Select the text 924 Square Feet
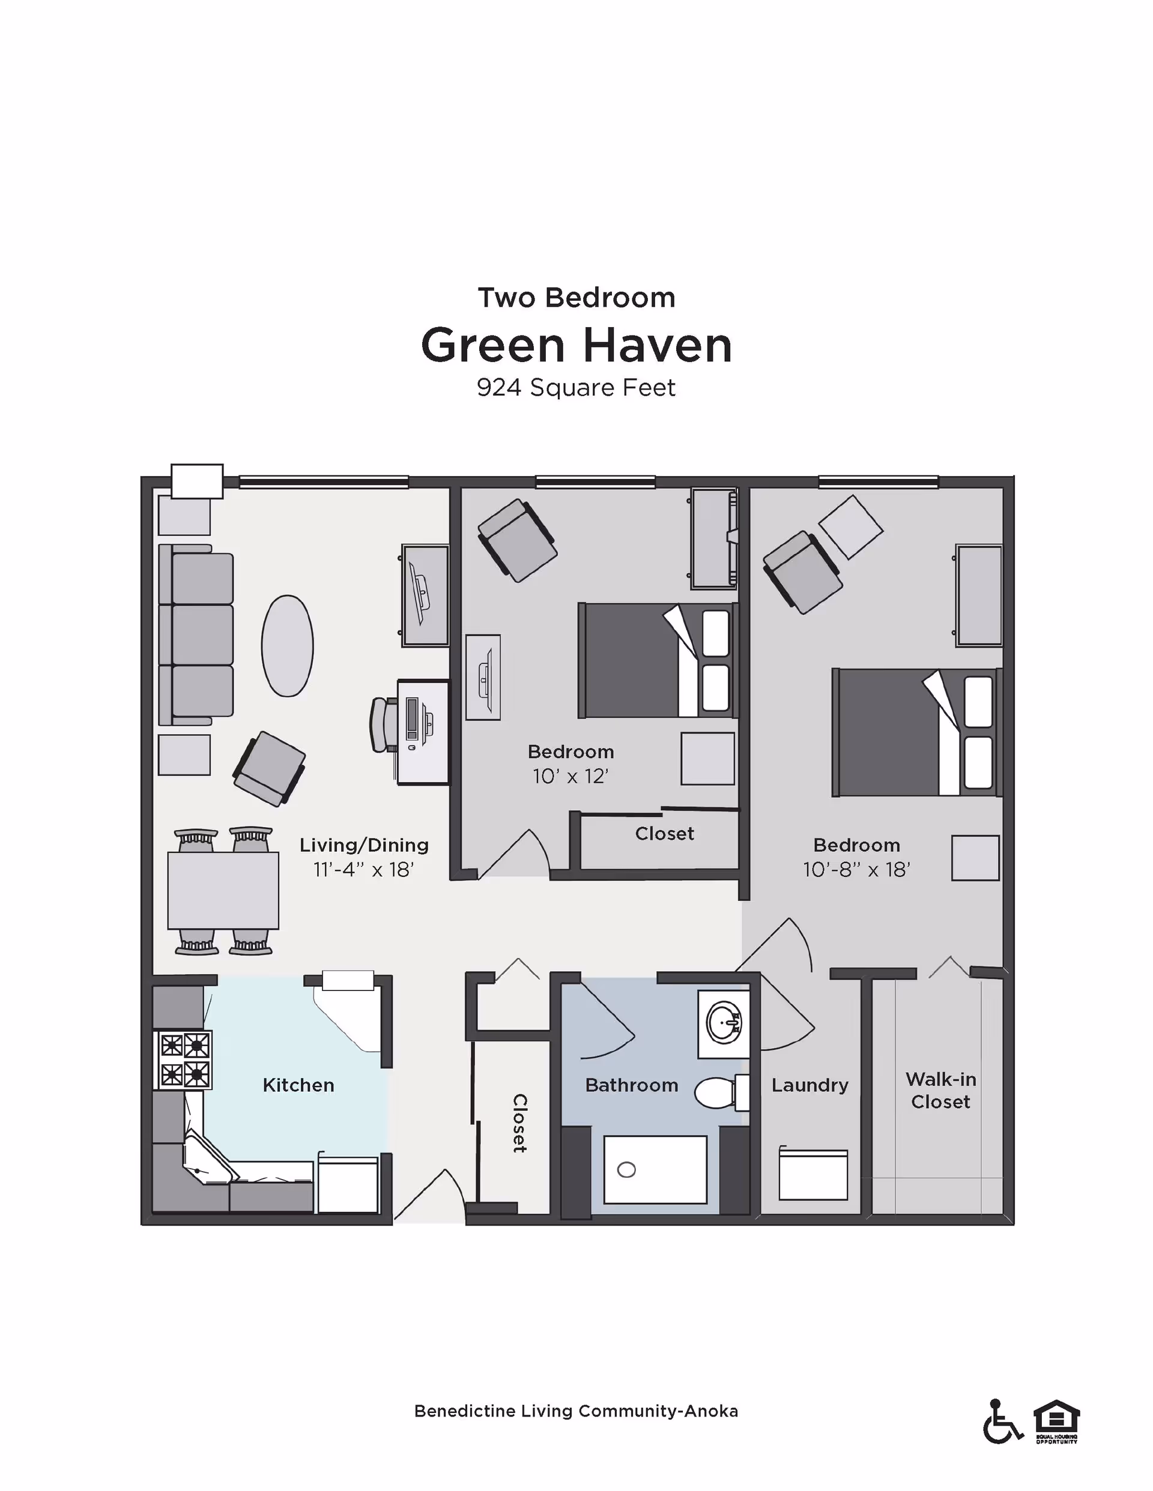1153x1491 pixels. pos(576,388)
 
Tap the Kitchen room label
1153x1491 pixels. pos(298,1085)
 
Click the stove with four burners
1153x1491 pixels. pos(184,1059)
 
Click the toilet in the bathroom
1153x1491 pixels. pos(717,1093)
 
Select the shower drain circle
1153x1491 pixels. pos(626,1170)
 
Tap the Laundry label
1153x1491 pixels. pos(810,1085)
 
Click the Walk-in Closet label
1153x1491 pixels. pos(940,1090)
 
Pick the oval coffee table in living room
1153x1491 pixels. pos(288,646)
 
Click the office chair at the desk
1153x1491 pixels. pos(383,724)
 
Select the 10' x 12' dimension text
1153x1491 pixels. pos(570,777)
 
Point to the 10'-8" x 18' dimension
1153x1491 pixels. pos(856,870)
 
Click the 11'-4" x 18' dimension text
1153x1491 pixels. pos(363,870)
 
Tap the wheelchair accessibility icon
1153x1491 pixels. pos(1002,1422)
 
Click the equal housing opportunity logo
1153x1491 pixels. pos(1056,1420)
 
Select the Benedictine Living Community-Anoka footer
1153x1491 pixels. pos(576,1412)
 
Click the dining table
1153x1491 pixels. pos(223,890)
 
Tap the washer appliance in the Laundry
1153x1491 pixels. pos(813,1175)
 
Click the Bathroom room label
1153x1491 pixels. pos(631,1085)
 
